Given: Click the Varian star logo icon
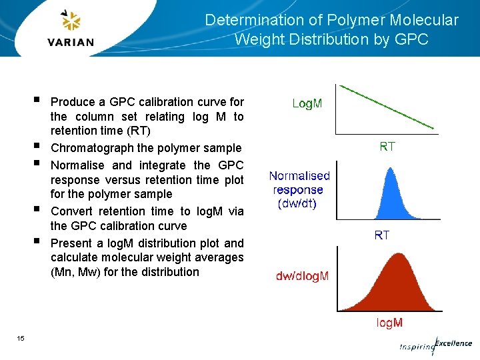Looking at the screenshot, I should pyautogui.click(x=70, y=21).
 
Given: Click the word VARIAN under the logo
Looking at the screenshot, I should pyautogui.click(x=71, y=42).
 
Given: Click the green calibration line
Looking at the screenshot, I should pyautogui.click(x=387, y=107).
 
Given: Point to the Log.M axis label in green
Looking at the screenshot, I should pyautogui.click(x=307, y=103).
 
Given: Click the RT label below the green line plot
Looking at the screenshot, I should pyautogui.click(x=387, y=147).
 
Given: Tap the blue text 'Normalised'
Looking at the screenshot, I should pyautogui.click(x=299, y=176).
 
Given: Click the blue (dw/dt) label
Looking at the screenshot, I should pyautogui.click(x=297, y=203).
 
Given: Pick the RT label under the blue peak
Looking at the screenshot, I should pyautogui.click(x=382, y=235).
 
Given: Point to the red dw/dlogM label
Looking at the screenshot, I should pyautogui.click(x=302, y=276).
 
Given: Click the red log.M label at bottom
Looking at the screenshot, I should pyautogui.click(x=389, y=323).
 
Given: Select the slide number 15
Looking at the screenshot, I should pyautogui.click(x=21, y=339).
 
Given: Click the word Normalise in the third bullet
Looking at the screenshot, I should pyautogui.click(x=78, y=165).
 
